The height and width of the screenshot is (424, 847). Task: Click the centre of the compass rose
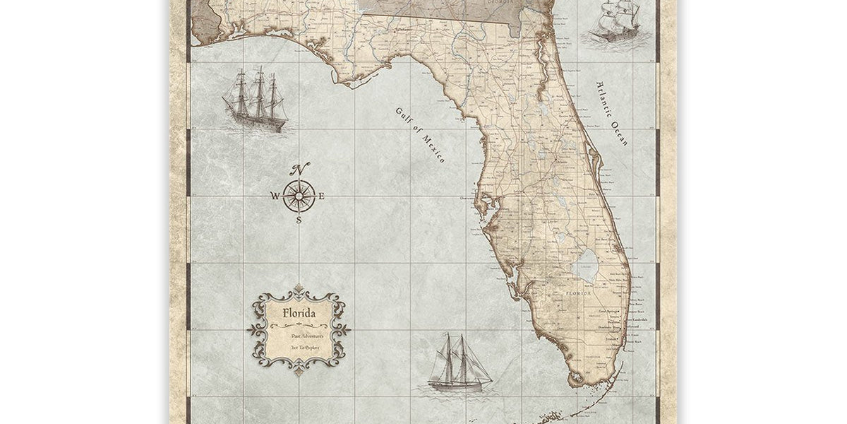tap(299, 195)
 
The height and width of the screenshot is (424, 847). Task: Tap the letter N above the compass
tap(301, 169)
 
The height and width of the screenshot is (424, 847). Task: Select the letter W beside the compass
tap(275, 196)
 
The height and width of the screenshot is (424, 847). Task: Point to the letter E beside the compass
tap(321, 196)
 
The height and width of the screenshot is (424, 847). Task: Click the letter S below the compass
tap(299, 220)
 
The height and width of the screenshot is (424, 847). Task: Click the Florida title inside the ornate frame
tap(299, 312)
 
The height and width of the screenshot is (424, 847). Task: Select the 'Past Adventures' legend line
tap(299, 337)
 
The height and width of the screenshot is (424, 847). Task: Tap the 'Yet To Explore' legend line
tap(299, 348)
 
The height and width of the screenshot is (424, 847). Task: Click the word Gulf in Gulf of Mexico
tap(403, 117)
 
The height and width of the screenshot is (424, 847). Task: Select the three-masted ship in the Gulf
tap(255, 100)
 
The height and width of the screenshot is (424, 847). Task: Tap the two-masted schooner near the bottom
tap(459, 363)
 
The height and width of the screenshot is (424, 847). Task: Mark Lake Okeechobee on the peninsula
tap(585, 266)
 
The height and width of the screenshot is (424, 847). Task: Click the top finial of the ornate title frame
tap(299, 288)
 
